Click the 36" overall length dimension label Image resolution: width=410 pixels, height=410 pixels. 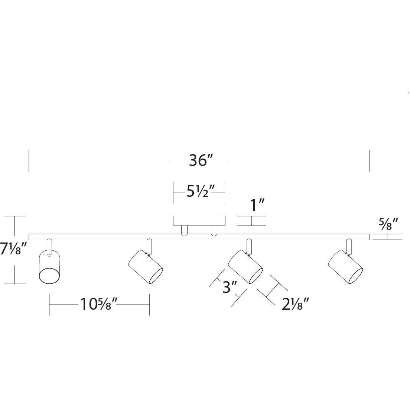[199, 161]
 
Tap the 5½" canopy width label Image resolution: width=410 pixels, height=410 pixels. [199, 193]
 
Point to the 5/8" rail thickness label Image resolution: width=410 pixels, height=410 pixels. [388, 224]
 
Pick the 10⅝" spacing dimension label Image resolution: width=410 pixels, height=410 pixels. [99, 305]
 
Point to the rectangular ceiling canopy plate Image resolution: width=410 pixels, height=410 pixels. [199, 221]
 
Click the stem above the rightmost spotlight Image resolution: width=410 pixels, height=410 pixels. [349, 245]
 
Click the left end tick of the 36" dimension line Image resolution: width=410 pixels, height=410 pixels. [29, 161]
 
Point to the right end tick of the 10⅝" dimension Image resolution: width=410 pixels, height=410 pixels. [149, 305]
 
